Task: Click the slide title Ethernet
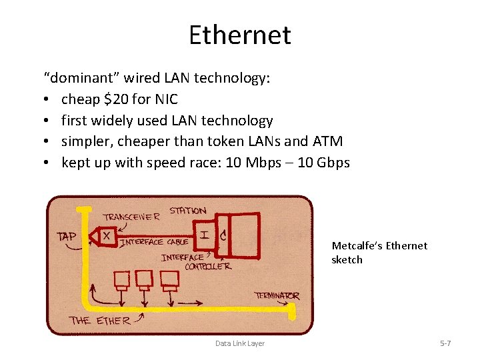pos(239,35)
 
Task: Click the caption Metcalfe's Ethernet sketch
pos(379,253)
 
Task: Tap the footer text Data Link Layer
pos(239,343)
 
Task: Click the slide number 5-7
pos(445,343)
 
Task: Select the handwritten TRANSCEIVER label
pos(131,216)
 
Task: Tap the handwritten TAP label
pos(67,235)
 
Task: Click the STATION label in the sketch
pos(187,211)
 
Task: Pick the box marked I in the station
pos(203,234)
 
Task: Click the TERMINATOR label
pos(277,295)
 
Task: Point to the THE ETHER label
pos(101,320)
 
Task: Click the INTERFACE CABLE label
pos(153,242)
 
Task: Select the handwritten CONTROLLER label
pos(208,267)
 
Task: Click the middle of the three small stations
pos(144,278)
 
